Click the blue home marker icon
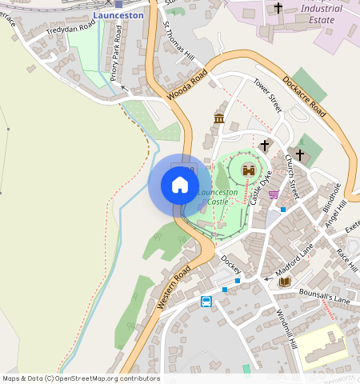tap(180, 186)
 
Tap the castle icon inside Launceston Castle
tap(248, 170)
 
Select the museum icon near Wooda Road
tap(219, 119)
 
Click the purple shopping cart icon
tap(274, 194)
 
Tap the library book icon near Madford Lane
tap(284, 282)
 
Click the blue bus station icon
tap(206, 302)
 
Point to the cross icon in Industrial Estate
tap(278, 8)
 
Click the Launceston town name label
tap(118, 15)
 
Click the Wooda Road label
tap(187, 85)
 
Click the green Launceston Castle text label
tap(218, 197)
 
